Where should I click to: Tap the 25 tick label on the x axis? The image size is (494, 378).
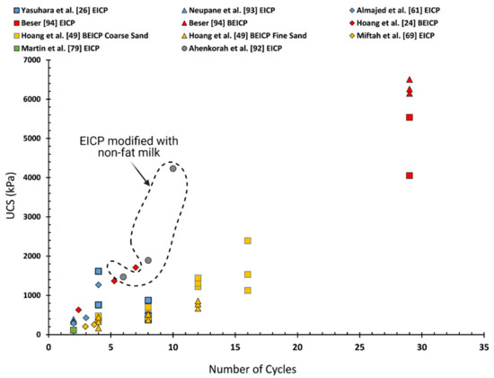[x=360, y=346]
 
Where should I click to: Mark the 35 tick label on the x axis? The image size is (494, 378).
[x=485, y=346]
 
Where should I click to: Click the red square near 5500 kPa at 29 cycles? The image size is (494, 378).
[x=410, y=117]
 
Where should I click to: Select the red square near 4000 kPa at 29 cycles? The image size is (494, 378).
[x=410, y=175]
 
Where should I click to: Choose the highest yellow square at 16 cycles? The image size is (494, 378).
[x=248, y=240]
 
